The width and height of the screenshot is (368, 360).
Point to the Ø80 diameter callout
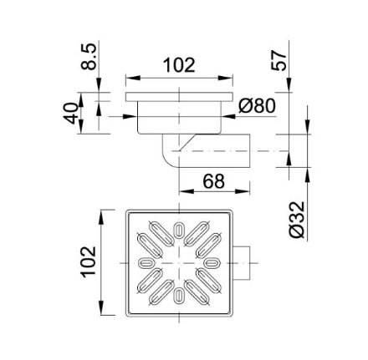(x=258, y=106)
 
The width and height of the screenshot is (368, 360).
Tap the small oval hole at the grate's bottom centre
(x=180, y=295)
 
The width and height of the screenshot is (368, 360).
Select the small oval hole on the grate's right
(x=213, y=262)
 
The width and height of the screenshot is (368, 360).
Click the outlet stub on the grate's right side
(x=243, y=262)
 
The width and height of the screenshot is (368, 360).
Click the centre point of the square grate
(x=180, y=262)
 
